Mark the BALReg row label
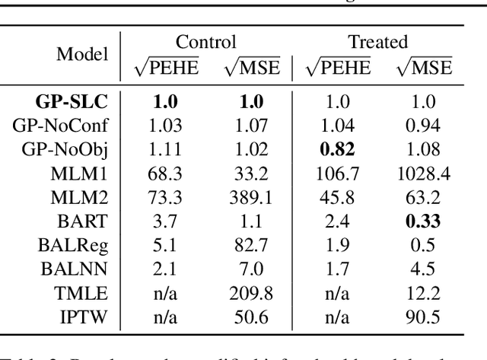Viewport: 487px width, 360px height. [x=81, y=248]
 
